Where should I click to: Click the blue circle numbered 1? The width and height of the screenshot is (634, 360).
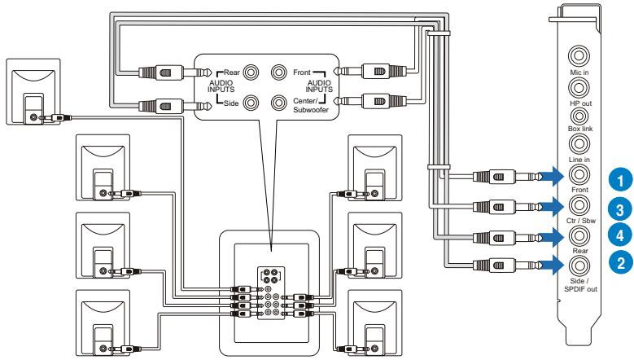(620, 180)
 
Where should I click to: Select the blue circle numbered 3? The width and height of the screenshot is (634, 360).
(620, 209)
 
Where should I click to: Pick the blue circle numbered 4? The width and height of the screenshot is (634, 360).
(620, 235)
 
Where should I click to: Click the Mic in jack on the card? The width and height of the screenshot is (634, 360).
(579, 56)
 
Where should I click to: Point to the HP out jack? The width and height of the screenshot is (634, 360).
(579, 87)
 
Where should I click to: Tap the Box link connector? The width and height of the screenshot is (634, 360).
(579, 116)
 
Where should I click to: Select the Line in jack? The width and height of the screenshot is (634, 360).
(579, 143)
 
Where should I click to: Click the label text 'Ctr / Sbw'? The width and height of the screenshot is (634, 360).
(580, 221)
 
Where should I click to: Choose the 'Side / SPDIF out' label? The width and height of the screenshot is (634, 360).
(580, 285)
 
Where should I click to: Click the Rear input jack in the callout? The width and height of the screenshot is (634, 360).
(251, 72)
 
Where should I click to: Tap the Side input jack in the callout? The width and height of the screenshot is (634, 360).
(251, 103)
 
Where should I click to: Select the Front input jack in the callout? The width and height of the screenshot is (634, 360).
(278, 72)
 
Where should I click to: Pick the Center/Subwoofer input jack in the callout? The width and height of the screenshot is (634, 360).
(278, 103)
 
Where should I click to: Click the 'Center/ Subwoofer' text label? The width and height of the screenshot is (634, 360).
(311, 105)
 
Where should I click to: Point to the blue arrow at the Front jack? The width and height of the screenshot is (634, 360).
(551, 177)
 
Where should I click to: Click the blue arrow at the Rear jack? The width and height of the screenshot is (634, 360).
(551, 237)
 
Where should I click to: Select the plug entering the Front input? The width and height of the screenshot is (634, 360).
(369, 71)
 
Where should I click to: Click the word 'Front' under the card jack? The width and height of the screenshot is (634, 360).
(579, 190)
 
